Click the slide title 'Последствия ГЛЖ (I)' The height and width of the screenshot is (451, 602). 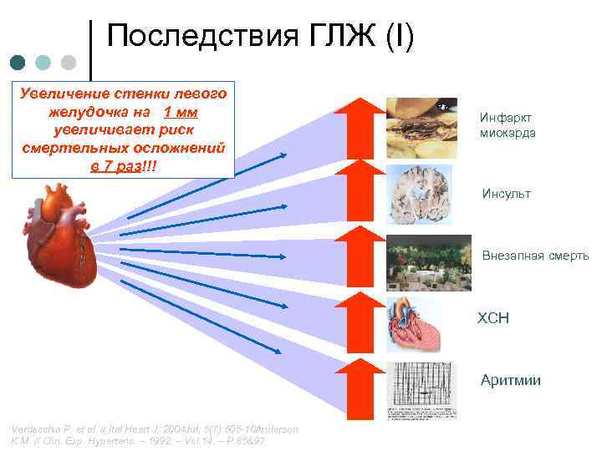pyautogui.click(x=260, y=38)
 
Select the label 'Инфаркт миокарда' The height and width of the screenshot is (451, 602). pyautogui.click(x=508, y=125)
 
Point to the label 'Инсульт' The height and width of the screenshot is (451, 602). pyautogui.click(x=506, y=195)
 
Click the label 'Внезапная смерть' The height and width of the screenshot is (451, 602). pyautogui.click(x=535, y=256)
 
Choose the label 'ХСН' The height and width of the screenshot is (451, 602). pyautogui.click(x=493, y=318)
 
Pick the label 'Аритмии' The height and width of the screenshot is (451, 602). pyautogui.click(x=510, y=381)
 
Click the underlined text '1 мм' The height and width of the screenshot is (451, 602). pyautogui.click(x=181, y=113)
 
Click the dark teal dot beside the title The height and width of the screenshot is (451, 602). pyautogui.click(x=18, y=63)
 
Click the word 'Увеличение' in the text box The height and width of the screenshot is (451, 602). pyautogui.click(x=55, y=94)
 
